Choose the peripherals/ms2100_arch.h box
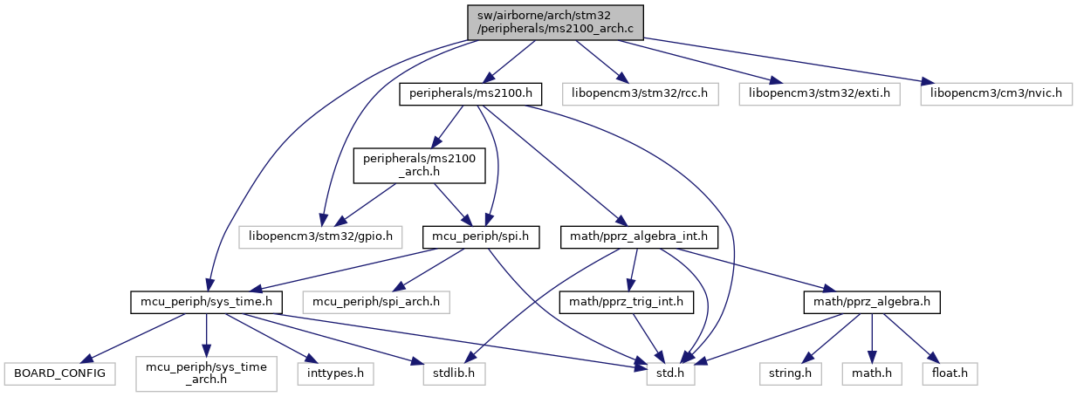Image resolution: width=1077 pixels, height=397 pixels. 418,165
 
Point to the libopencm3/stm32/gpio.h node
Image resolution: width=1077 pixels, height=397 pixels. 321,236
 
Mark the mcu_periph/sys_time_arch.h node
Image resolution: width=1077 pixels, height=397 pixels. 205,374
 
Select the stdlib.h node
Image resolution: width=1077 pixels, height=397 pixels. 449,374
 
